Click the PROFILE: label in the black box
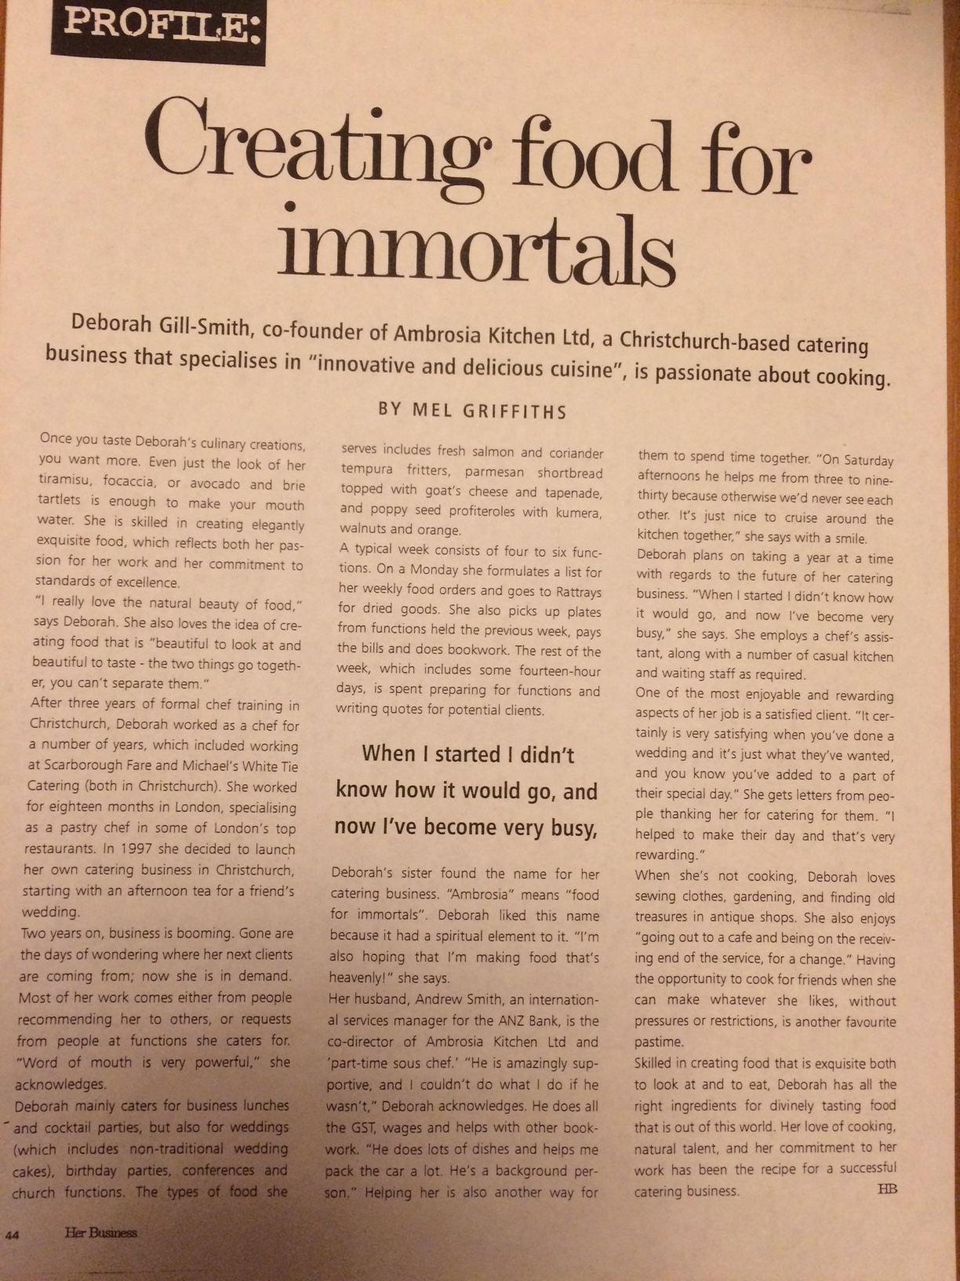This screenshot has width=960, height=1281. (159, 26)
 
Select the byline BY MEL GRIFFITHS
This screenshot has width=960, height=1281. (472, 410)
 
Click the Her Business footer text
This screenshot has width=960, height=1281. (100, 1232)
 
